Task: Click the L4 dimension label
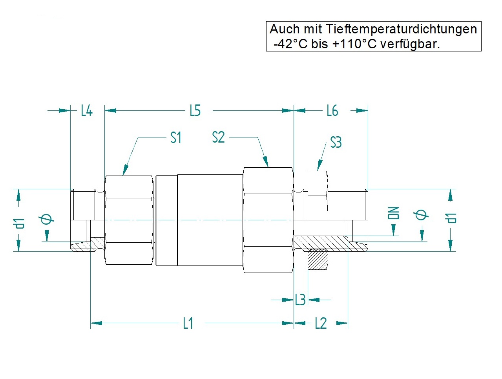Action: (x=87, y=110)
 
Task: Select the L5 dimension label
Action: (x=195, y=110)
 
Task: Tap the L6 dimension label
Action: (x=332, y=110)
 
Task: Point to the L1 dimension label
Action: (x=188, y=323)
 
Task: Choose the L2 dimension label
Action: (x=321, y=323)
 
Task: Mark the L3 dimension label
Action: (x=300, y=299)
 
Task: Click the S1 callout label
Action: (x=176, y=138)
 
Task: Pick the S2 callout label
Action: (x=218, y=137)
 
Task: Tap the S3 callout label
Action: (x=336, y=142)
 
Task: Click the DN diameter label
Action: (x=393, y=213)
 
